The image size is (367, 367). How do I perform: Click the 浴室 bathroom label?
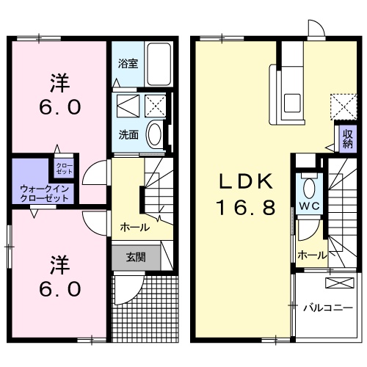coord(128,63)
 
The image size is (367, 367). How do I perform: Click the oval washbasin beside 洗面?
coord(155,134)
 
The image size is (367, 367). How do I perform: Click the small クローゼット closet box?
coord(64,168)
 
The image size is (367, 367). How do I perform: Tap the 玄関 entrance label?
coord(135,257)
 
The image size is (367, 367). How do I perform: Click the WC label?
coord(308,207)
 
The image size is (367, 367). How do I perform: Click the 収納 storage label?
coord(346,139)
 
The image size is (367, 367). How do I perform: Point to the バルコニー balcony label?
coord(328,308)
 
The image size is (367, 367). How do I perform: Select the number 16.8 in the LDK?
coord(245,208)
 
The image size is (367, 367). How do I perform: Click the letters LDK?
coord(245,180)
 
